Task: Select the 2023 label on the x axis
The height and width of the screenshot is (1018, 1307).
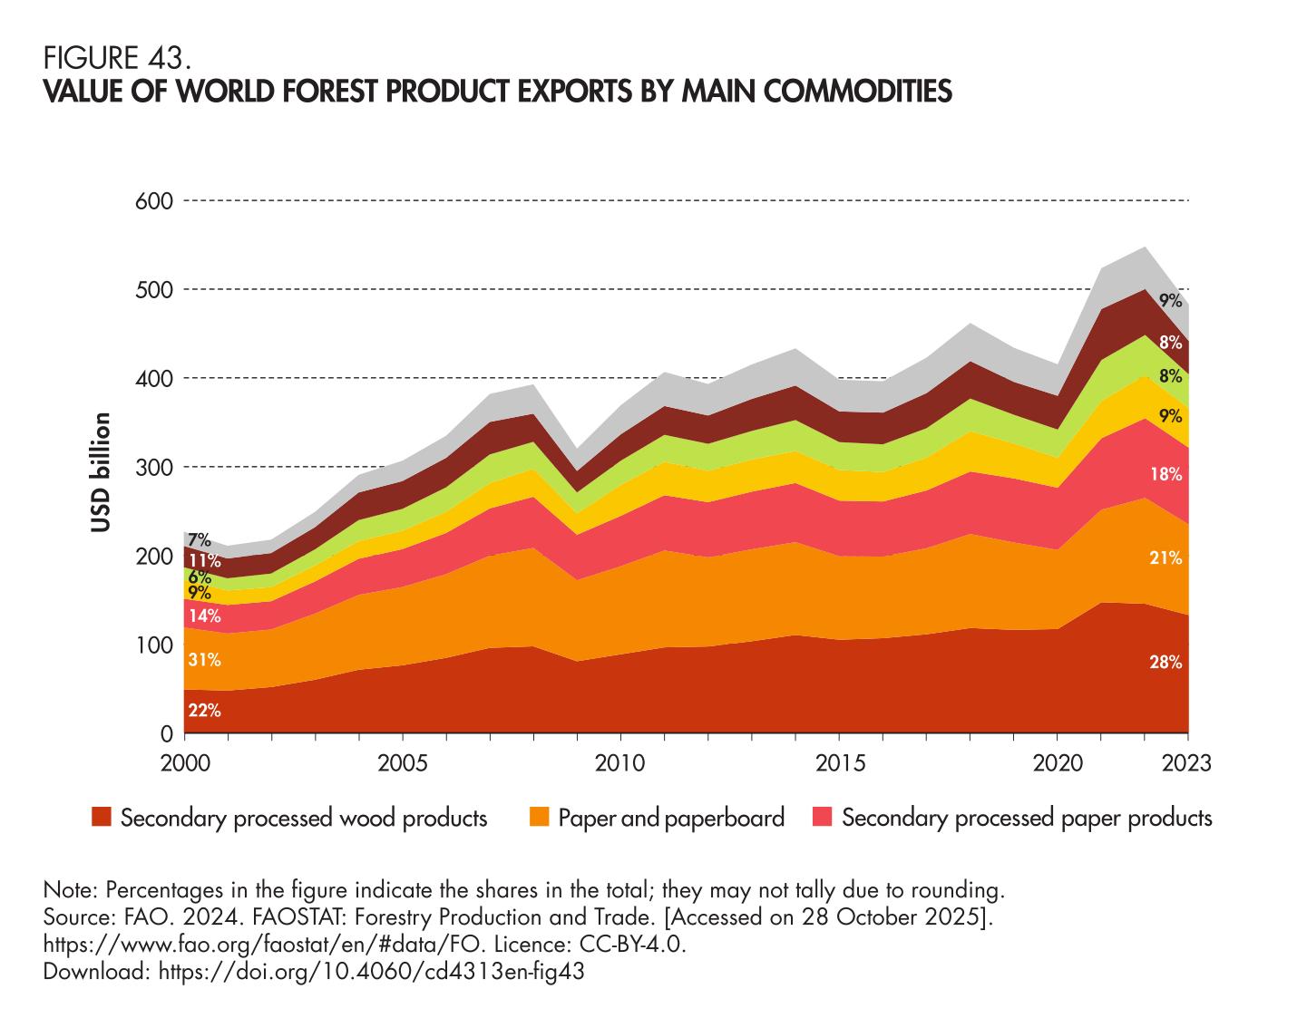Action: [x=1186, y=762]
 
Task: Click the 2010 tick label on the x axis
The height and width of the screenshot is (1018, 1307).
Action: [x=619, y=762]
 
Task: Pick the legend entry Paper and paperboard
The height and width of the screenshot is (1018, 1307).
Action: [x=670, y=819]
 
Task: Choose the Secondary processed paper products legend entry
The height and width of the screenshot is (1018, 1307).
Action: [x=1027, y=819]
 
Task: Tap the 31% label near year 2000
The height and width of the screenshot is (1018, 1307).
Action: [x=204, y=659]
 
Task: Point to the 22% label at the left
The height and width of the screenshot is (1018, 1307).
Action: [x=204, y=711]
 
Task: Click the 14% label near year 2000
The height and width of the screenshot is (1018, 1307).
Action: [x=204, y=616]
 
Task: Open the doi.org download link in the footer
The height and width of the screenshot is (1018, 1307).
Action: [x=369, y=972]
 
